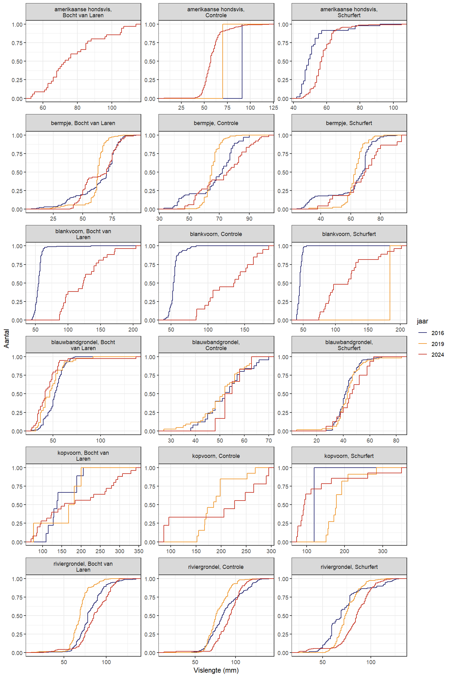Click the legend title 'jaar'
pyautogui.click(x=422, y=321)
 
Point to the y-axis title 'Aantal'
pyautogui.click(x=7, y=338)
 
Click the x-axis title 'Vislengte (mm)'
pyautogui.click(x=216, y=670)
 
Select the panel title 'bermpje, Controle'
pyautogui.click(x=216, y=123)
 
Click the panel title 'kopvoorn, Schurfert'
pyautogui.click(x=349, y=456)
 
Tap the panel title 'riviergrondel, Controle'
pyautogui.click(x=216, y=567)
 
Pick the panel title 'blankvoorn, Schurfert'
pyautogui.click(x=349, y=234)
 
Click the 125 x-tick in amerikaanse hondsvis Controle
pyautogui.click(x=273, y=108)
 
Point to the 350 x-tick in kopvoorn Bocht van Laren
pyautogui.click(x=138, y=551)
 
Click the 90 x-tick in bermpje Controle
pyautogui.click(x=249, y=219)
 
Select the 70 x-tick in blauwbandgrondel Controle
pyautogui.click(x=269, y=440)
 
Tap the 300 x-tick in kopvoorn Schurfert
pyautogui.click(x=383, y=551)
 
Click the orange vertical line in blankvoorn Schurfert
pyautogui.click(x=390, y=282)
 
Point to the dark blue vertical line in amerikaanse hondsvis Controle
pyautogui.click(x=242, y=63)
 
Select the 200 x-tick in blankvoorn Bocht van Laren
pyautogui.click(x=133, y=330)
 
